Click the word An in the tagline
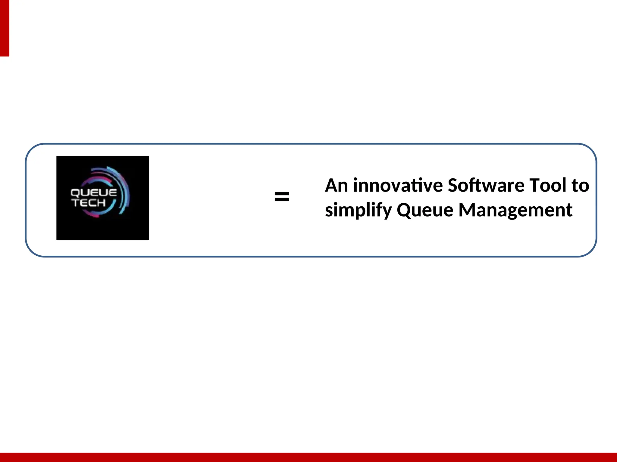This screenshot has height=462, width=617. pyautogui.click(x=337, y=185)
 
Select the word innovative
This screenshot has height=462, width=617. pyautogui.click(x=398, y=185)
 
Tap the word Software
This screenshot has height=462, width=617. pyautogui.click(x=486, y=185)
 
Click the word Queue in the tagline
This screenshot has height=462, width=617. pyautogui.click(x=425, y=210)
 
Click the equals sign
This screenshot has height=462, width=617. pyautogui.click(x=282, y=197)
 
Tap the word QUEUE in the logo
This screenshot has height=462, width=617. pyautogui.click(x=93, y=193)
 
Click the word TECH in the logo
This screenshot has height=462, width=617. pyautogui.click(x=89, y=203)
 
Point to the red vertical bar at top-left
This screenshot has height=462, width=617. pyautogui.click(x=5, y=28)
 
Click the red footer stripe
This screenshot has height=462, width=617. pyautogui.click(x=308, y=457)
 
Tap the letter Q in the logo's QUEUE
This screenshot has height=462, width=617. pyautogui.click(x=75, y=193)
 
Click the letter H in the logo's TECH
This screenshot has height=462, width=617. pyautogui.click(x=101, y=203)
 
